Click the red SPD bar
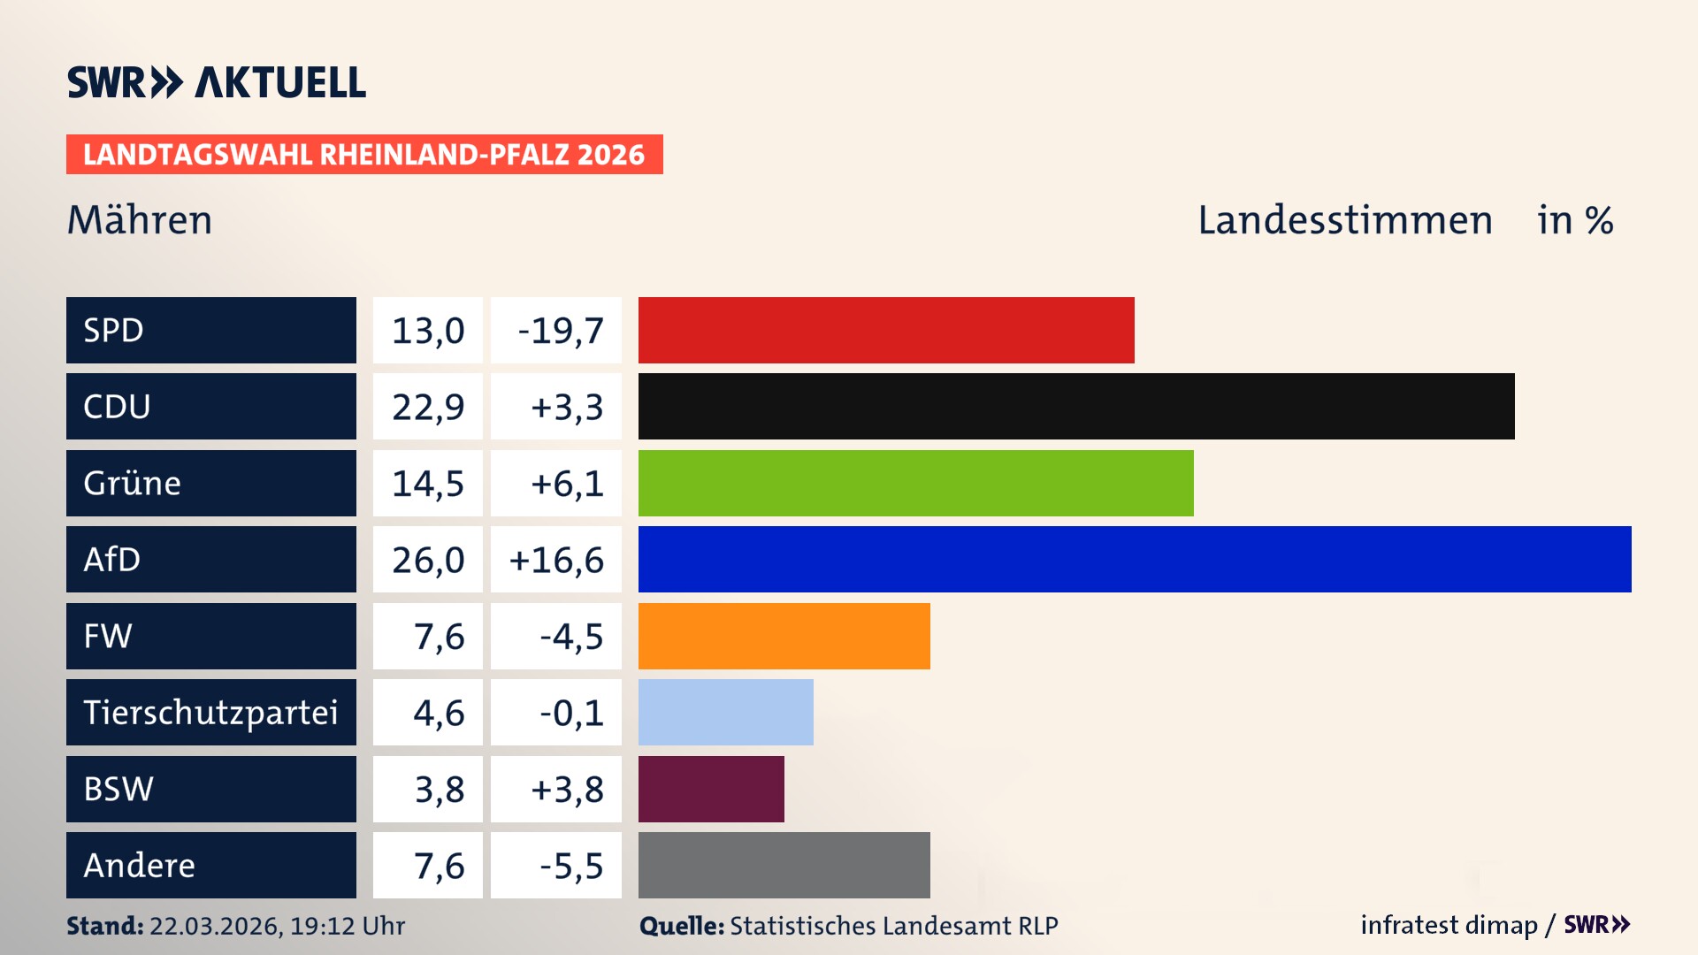coord(886,330)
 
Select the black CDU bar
coord(1076,407)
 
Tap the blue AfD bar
coord(1135,560)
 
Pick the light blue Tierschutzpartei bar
coord(726,713)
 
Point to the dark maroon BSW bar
coord(711,789)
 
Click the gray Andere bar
coord(784,866)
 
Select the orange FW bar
coord(784,636)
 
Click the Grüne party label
coord(133,484)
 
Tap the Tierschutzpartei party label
coord(210,713)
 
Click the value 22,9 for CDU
coord(428,407)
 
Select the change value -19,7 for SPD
coord(560,331)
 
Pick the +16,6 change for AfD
coord(556,560)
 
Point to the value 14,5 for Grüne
coord(428,484)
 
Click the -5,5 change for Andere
coord(571,866)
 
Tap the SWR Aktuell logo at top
coord(217,82)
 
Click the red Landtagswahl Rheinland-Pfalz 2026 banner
coord(364,155)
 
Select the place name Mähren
coord(140,220)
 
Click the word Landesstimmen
coord(1344,220)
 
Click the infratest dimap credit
coord(1448,925)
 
